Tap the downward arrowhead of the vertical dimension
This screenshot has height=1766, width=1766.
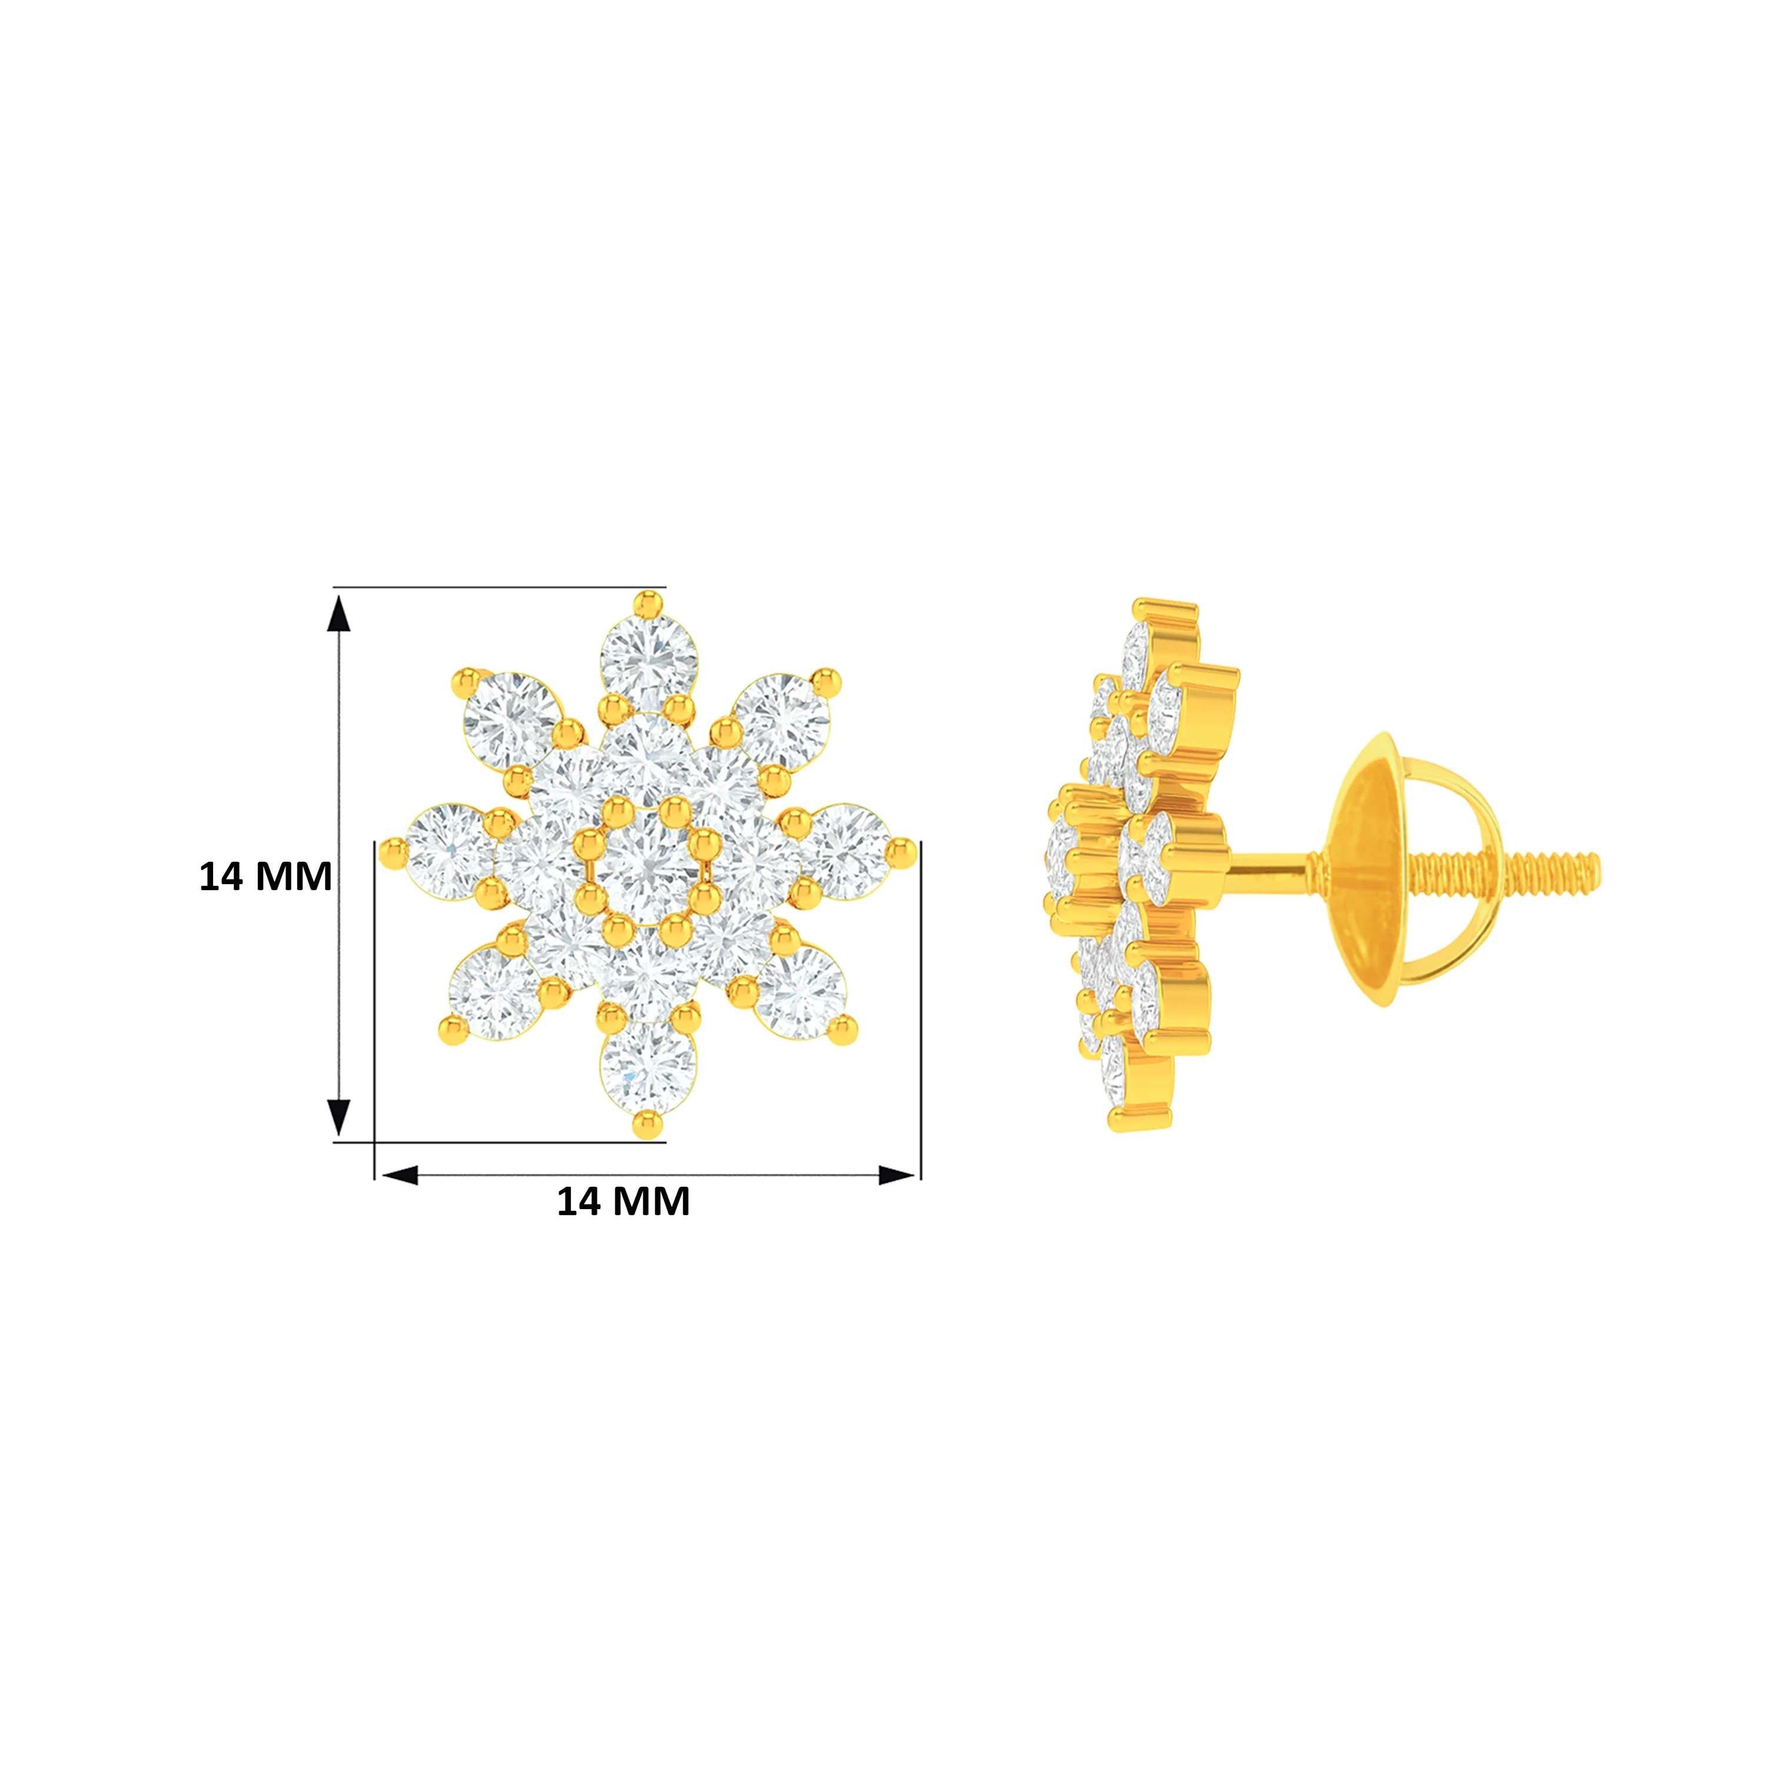pos(339,1117)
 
